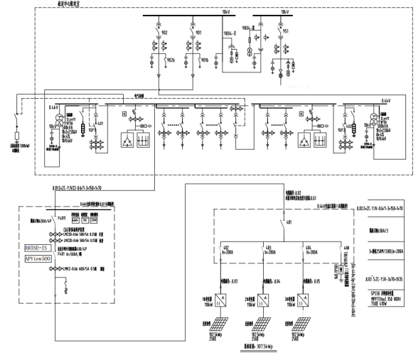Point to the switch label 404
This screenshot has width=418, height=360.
[x=308, y=248]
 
